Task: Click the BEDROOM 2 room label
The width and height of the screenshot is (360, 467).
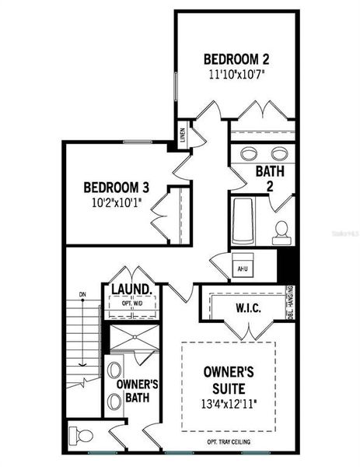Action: [236, 59]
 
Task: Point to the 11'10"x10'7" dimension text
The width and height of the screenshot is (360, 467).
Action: [236, 75]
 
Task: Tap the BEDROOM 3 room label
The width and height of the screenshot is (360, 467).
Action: [116, 188]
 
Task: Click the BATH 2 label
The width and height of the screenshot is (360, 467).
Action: [270, 177]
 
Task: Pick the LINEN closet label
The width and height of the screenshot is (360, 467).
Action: [182, 135]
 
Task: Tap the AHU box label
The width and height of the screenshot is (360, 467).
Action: [241, 269]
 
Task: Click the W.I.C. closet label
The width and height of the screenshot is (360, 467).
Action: [248, 309]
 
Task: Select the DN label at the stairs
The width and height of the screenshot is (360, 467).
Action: [82, 294]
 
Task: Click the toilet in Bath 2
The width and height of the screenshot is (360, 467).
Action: [281, 229]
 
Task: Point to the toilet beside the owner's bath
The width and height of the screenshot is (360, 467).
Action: [81, 435]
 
